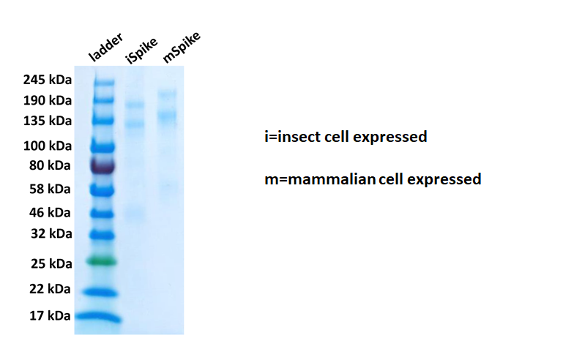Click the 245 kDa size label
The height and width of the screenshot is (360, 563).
coord(48,79)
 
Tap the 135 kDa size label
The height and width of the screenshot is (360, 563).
coord(48,121)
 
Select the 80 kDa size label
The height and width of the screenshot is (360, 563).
coord(50,165)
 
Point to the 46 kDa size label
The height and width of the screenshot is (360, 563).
coord(50,212)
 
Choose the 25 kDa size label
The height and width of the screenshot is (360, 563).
coord(51,264)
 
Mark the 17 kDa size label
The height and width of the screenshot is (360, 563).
coord(50,315)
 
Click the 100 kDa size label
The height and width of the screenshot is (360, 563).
coord(48,146)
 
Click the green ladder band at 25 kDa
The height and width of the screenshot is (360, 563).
coord(102,261)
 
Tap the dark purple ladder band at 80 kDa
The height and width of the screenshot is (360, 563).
coord(102,166)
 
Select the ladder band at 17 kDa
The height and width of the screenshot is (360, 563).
coord(99,317)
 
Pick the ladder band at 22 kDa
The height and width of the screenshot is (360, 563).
coord(100,293)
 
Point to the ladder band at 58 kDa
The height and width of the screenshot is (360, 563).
coord(102,190)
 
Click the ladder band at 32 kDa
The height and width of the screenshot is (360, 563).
coord(102,235)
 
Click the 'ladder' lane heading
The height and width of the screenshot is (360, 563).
coord(106,47)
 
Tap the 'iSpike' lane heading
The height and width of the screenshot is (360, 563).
coord(142,50)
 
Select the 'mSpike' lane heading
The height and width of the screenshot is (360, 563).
coord(182,48)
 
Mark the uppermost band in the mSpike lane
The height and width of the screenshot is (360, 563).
coord(168,94)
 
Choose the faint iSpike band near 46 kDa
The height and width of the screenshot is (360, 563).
coord(135,215)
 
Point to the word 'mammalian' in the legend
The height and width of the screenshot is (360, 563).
coord(332,179)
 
